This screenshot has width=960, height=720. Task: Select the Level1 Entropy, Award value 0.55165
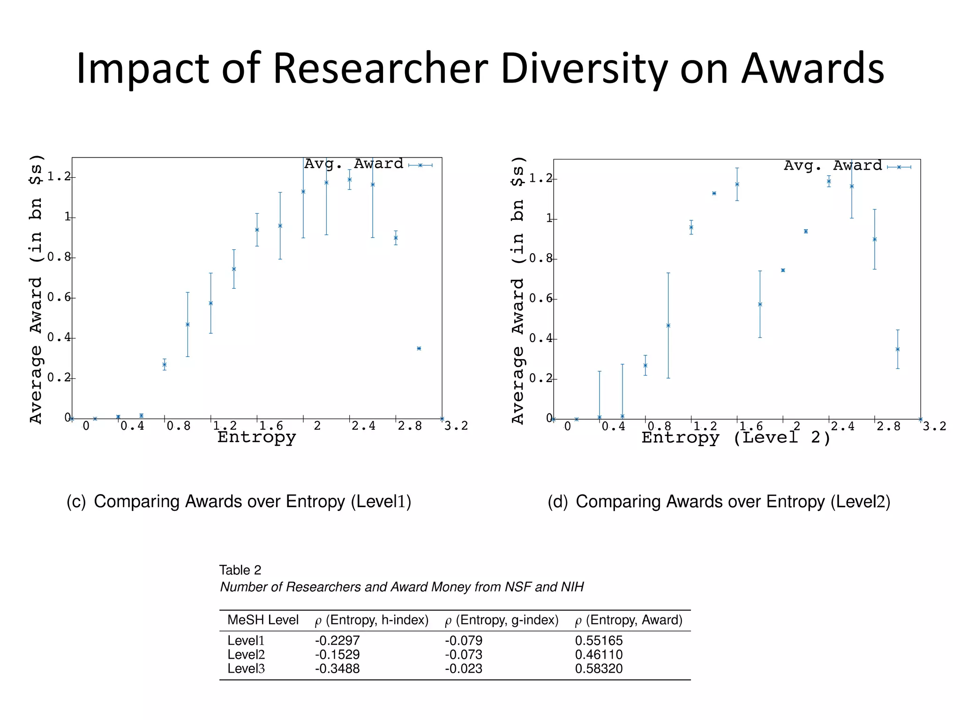(599, 640)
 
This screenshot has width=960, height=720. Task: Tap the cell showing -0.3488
(337, 668)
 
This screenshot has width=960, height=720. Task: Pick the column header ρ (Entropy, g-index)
(502, 620)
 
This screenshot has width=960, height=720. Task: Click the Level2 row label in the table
(246, 654)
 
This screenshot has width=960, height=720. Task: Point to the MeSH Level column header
(262, 620)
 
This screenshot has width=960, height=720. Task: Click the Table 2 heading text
(240, 570)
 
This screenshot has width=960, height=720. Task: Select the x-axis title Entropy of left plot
(256, 437)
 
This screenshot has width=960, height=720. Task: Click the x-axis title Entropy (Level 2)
(736, 438)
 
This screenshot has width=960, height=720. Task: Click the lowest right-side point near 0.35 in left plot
(419, 348)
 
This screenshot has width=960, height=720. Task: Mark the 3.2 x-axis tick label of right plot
(934, 426)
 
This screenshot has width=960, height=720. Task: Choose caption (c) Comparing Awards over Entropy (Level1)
(239, 502)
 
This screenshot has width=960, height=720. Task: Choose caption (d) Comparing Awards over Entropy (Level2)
(719, 502)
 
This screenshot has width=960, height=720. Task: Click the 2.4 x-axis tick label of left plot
(363, 426)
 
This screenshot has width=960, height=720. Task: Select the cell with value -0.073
(463, 654)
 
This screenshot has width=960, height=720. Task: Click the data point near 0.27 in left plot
(165, 364)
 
